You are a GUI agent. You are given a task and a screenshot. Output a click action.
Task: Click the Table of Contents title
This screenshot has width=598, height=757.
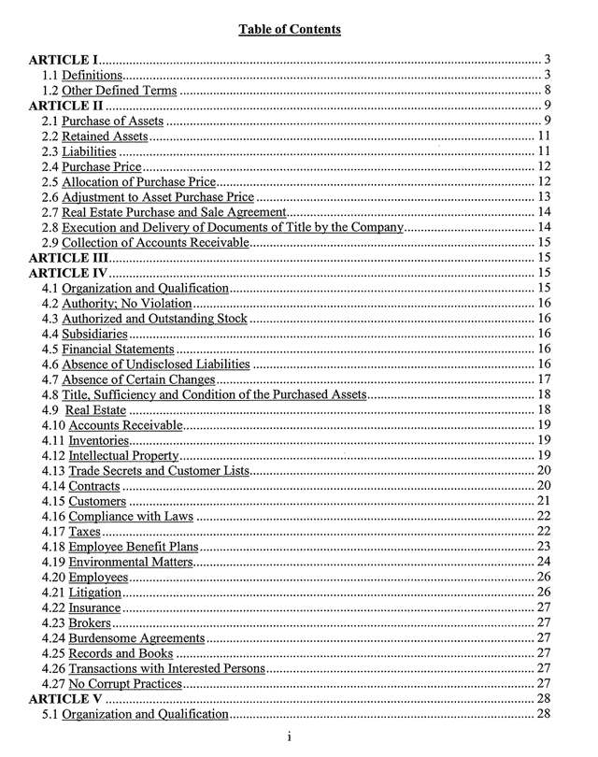pos(290,30)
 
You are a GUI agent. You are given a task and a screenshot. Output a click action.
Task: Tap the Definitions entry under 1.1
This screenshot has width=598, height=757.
pos(92,75)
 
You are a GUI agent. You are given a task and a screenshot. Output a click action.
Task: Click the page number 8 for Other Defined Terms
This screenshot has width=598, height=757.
pos(545,91)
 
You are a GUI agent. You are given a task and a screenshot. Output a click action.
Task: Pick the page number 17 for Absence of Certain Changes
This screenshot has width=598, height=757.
pos(542,379)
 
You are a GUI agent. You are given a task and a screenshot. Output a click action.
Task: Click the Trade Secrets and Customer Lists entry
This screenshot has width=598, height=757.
pos(158,470)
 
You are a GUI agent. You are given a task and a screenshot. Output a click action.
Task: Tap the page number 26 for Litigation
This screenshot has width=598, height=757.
pos(542,593)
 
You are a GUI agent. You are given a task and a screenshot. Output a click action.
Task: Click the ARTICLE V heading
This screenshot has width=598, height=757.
pos(67,699)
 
